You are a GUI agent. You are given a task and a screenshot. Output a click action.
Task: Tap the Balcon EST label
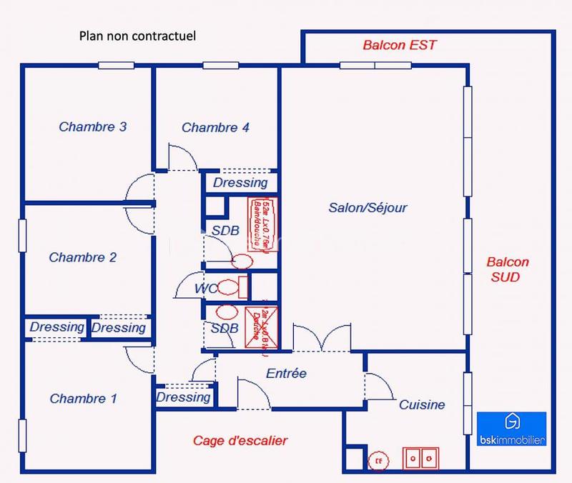pyautogui.click(x=399, y=46)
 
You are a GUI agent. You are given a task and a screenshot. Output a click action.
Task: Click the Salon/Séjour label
pyautogui.click(x=368, y=208)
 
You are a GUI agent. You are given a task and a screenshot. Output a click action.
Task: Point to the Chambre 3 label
pyautogui.click(x=93, y=127)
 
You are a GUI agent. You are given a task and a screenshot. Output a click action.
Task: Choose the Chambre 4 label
pyautogui.click(x=215, y=128)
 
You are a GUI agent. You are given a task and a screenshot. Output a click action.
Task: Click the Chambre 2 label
pyautogui.click(x=83, y=257)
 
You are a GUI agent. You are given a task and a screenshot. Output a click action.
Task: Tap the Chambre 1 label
pyautogui.click(x=83, y=399)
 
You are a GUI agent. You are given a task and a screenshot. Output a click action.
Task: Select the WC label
pyautogui.click(x=206, y=288)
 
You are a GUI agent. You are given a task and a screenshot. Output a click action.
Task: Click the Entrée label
pyautogui.click(x=286, y=373)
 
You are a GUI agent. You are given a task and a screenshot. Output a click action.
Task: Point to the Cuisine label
pyautogui.click(x=422, y=404)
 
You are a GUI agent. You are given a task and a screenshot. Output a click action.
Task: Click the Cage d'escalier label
pyautogui.click(x=240, y=440)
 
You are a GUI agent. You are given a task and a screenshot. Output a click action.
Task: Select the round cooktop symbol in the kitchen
pyautogui.click(x=379, y=461)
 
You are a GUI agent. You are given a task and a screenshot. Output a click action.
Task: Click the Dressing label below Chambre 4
pyautogui.click(x=240, y=183)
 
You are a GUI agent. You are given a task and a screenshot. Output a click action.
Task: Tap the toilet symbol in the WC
pyautogui.click(x=229, y=288)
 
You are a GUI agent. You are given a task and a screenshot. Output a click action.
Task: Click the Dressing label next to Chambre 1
pyautogui.click(x=184, y=397)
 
